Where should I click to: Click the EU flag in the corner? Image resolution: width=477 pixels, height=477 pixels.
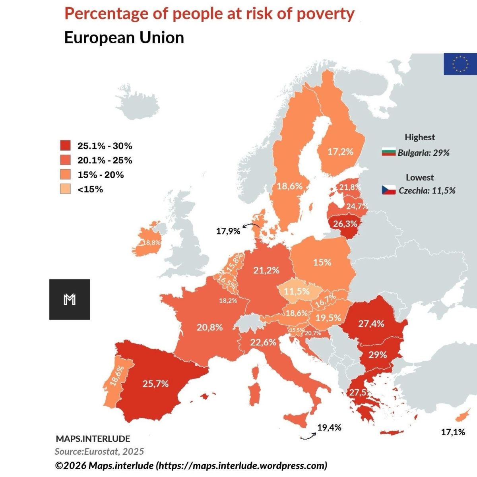460,64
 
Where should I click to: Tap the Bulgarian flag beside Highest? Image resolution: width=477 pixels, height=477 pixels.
389,152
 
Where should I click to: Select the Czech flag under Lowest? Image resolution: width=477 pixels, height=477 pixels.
389,190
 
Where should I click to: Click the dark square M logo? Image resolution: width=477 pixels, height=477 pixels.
70,300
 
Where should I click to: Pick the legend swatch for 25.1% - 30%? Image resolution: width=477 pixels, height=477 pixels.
65,145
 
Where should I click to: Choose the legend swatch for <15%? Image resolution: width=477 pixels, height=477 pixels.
65,189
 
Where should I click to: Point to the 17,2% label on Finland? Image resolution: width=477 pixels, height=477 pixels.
340,152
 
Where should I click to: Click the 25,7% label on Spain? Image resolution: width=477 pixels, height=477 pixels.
155,384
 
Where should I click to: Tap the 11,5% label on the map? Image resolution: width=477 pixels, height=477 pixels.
297,291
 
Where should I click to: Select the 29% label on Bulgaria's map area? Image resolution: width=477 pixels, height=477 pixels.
378,355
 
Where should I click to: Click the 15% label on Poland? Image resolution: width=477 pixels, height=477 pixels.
322,262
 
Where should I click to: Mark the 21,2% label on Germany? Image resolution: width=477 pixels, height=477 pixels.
266,270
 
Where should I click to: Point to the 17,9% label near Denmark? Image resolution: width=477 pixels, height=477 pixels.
228,231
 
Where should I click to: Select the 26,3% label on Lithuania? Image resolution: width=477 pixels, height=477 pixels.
345,224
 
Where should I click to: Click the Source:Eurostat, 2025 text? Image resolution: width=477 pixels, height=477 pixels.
99,452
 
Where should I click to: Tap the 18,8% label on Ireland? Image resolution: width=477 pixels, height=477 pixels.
152,242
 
